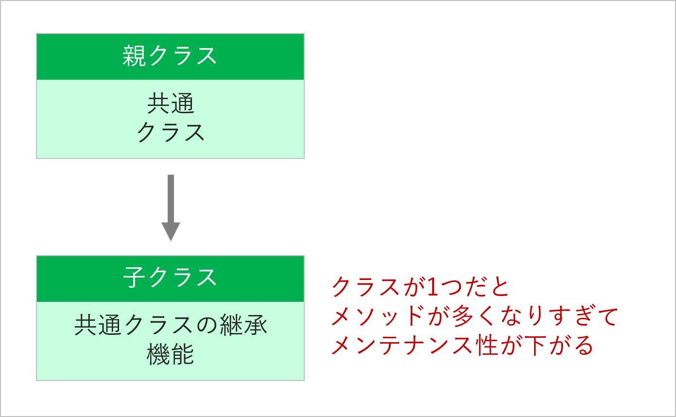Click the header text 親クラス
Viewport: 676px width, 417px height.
(x=170, y=56)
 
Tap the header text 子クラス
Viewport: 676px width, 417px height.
(x=170, y=278)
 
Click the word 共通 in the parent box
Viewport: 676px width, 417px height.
(x=171, y=103)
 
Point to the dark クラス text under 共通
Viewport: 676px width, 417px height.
(x=171, y=132)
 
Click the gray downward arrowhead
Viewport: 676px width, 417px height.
(x=171, y=231)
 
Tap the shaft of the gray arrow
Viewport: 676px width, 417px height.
(x=171, y=199)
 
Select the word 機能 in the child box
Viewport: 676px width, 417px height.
(x=170, y=354)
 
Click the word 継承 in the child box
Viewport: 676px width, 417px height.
(x=244, y=325)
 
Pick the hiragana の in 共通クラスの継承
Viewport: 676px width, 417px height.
(x=207, y=325)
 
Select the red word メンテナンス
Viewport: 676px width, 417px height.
(x=402, y=345)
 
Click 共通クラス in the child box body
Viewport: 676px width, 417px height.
(x=135, y=325)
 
